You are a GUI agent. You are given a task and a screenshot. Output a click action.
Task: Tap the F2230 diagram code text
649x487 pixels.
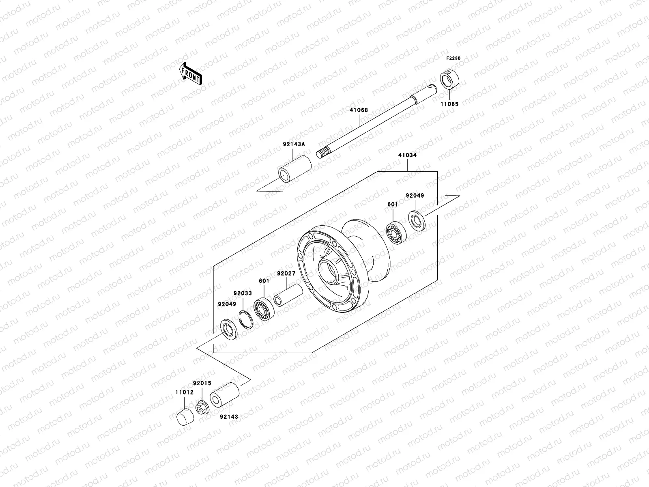point(454,58)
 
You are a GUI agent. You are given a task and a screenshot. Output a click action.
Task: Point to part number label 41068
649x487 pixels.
point(359,110)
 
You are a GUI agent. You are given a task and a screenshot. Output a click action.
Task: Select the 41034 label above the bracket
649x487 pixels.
point(407,155)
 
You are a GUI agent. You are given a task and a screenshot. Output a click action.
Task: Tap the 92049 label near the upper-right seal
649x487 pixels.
point(415,196)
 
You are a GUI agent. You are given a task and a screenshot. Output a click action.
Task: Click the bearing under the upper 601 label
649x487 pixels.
point(394,233)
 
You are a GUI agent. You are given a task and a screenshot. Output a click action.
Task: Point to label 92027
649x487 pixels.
point(286,274)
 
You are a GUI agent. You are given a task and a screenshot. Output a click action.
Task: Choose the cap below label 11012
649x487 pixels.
point(185,417)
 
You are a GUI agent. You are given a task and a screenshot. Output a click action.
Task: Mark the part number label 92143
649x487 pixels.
point(229,417)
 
